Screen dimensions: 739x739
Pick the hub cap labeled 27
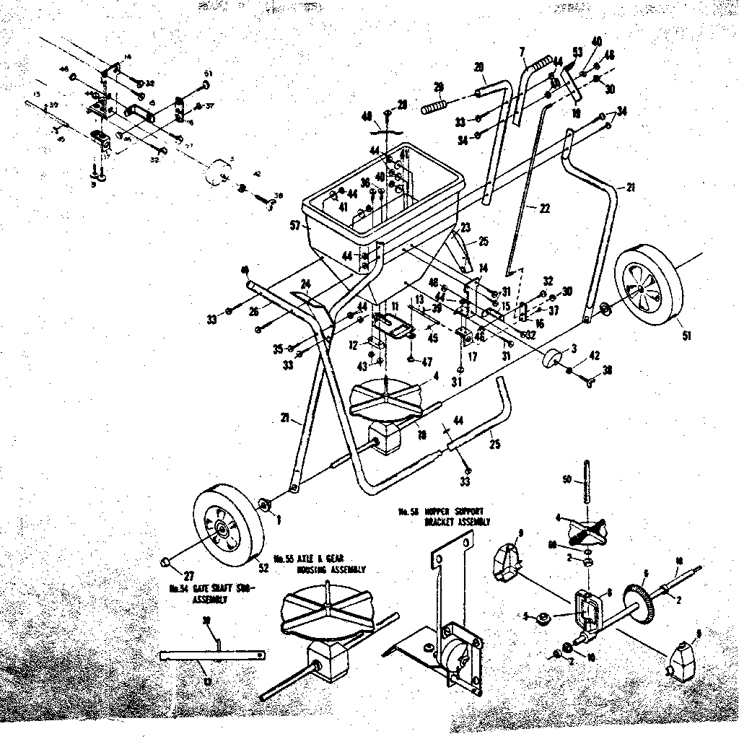(x=165, y=560)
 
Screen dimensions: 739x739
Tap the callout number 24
(x=305, y=283)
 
